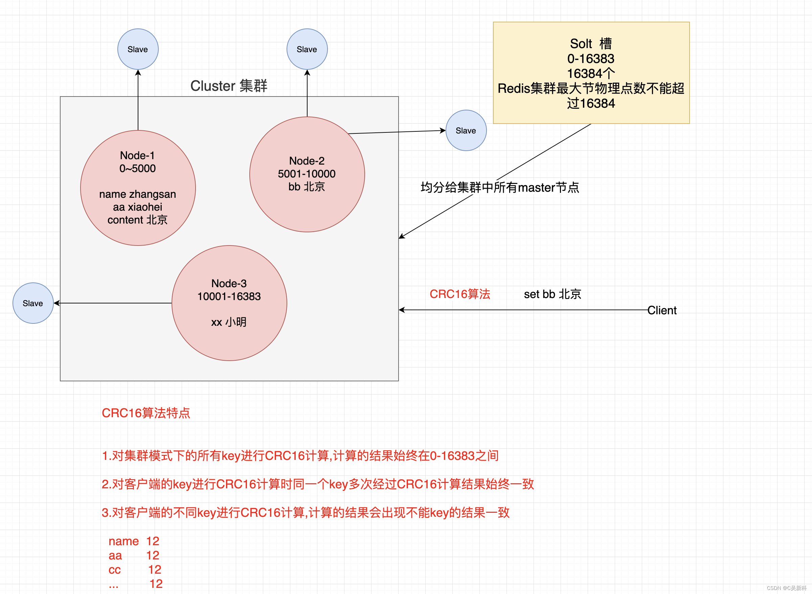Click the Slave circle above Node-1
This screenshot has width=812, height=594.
[x=138, y=49]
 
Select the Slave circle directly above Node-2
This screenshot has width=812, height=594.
[x=307, y=49]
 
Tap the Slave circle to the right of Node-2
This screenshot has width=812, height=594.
[x=466, y=130]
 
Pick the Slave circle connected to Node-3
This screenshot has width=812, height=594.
[x=33, y=303]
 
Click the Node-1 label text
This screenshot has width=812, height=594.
[x=138, y=155]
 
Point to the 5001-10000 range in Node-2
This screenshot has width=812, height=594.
[x=307, y=174]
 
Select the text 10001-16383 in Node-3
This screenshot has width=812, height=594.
[x=229, y=296]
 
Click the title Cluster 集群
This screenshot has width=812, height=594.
[x=229, y=86]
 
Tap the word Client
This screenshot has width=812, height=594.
[x=662, y=310]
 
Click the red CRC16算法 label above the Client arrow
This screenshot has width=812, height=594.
[x=460, y=294]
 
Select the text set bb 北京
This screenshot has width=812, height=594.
[x=552, y=294]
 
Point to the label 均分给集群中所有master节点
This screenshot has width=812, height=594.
[x=500, y=187]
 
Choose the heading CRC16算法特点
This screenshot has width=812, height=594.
[x=146, y=413]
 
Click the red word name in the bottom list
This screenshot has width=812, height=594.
[x=123, y=541]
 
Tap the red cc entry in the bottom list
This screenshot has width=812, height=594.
[x=115, y=570]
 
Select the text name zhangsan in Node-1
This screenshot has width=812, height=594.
[x=138, y=194]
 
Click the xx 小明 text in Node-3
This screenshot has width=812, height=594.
[x=229, y=322]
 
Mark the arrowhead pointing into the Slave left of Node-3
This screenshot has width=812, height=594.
[x=57, y=303]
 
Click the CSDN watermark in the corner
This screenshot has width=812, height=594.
[x=787, y=588]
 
